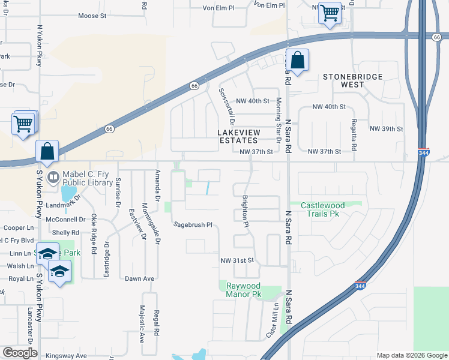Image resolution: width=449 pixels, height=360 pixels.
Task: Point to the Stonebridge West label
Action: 352,80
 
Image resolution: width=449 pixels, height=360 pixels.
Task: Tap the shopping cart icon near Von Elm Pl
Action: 330,12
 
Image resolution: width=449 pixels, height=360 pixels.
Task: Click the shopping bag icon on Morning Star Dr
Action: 297,60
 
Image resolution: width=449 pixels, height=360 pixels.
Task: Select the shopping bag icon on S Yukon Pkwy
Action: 47,152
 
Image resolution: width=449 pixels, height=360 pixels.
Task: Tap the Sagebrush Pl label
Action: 193,224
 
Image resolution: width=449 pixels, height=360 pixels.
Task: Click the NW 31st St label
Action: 239,260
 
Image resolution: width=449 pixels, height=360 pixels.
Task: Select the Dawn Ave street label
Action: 140,278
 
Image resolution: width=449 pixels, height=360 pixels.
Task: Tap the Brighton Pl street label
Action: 245,211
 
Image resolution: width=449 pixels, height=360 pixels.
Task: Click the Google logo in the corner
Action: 20,353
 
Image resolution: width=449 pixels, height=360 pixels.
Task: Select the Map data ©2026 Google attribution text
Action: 412,355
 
